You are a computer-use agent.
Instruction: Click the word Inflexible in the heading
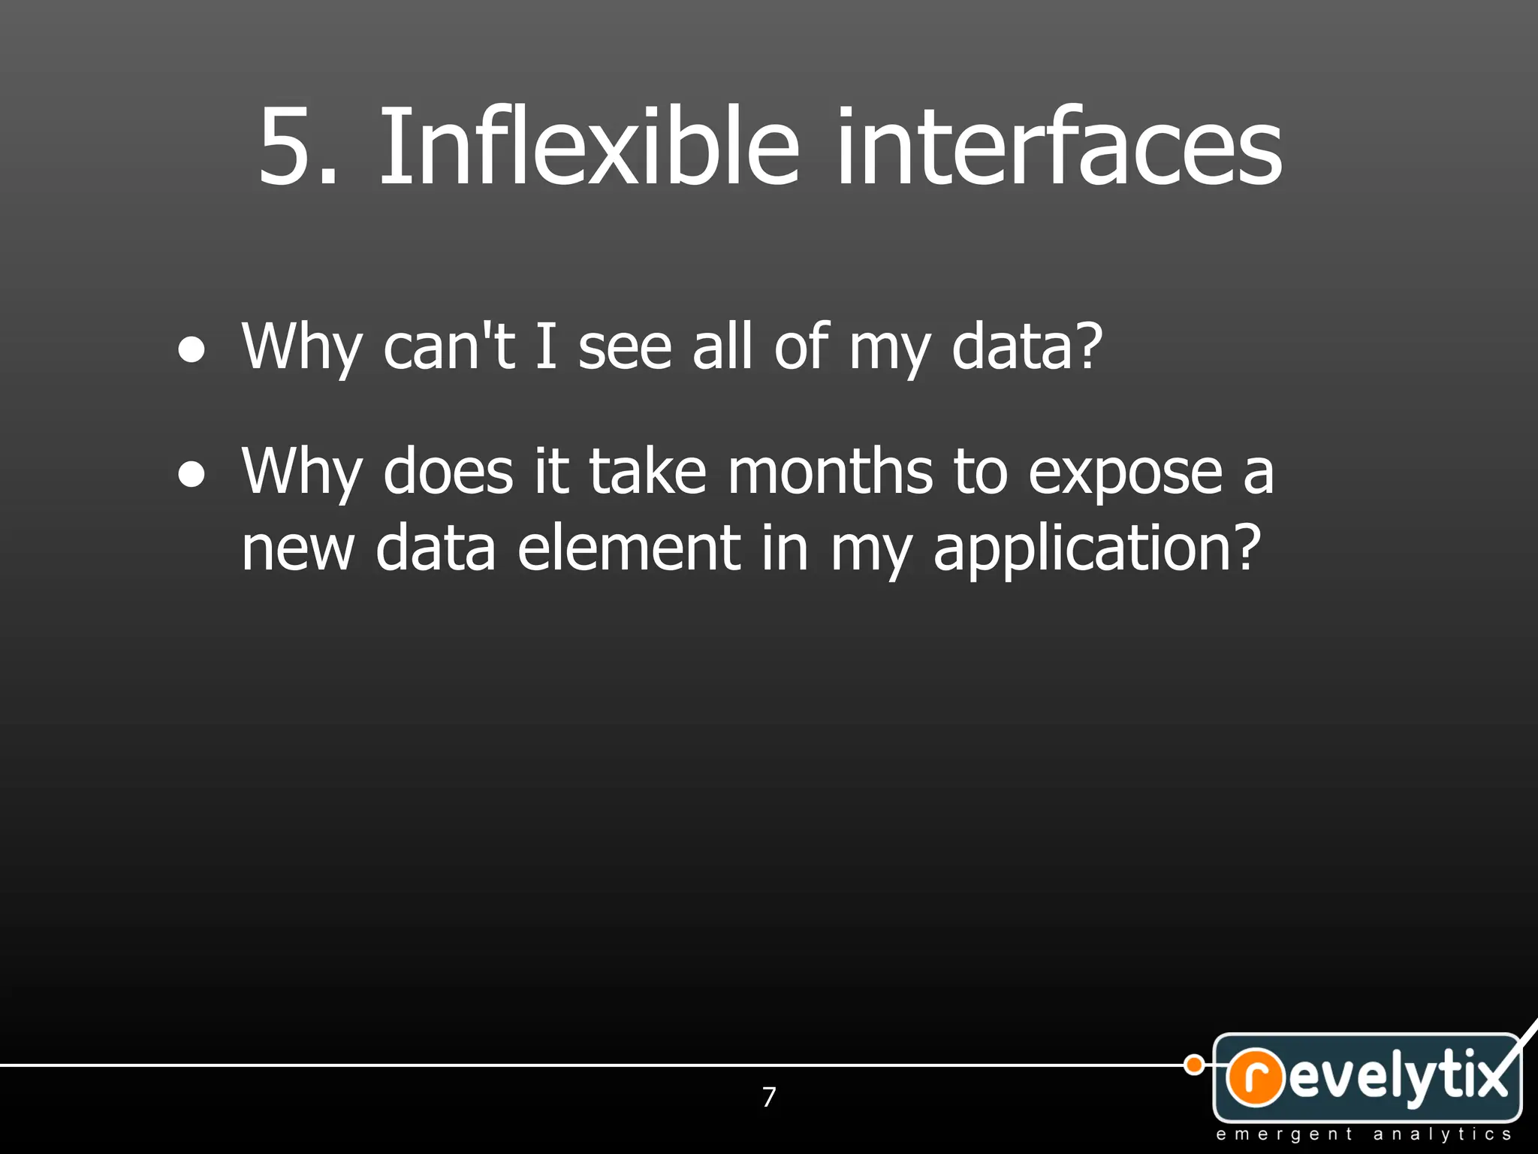click(590, 147)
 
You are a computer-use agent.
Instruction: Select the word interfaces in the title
click(1059, 147)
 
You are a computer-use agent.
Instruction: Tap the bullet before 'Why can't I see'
click(191, 350)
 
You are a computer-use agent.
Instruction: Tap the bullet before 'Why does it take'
click(191, 475)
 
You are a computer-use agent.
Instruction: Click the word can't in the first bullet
click(449, 347)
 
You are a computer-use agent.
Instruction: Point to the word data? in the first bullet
click(1027, 347)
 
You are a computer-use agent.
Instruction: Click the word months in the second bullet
click(830, 472)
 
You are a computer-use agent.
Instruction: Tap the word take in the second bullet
click(647, 472)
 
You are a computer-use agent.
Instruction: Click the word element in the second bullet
click(629, 548)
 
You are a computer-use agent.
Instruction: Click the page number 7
click(769, 1098)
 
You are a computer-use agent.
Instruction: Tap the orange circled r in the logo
click(1254, 1077)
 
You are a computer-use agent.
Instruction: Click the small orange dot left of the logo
click(1193, 1065)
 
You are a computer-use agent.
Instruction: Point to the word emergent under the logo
click(1283, 1134)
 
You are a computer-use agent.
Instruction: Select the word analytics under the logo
click(1442, 1134)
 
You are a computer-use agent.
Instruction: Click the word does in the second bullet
click(448, 472)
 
